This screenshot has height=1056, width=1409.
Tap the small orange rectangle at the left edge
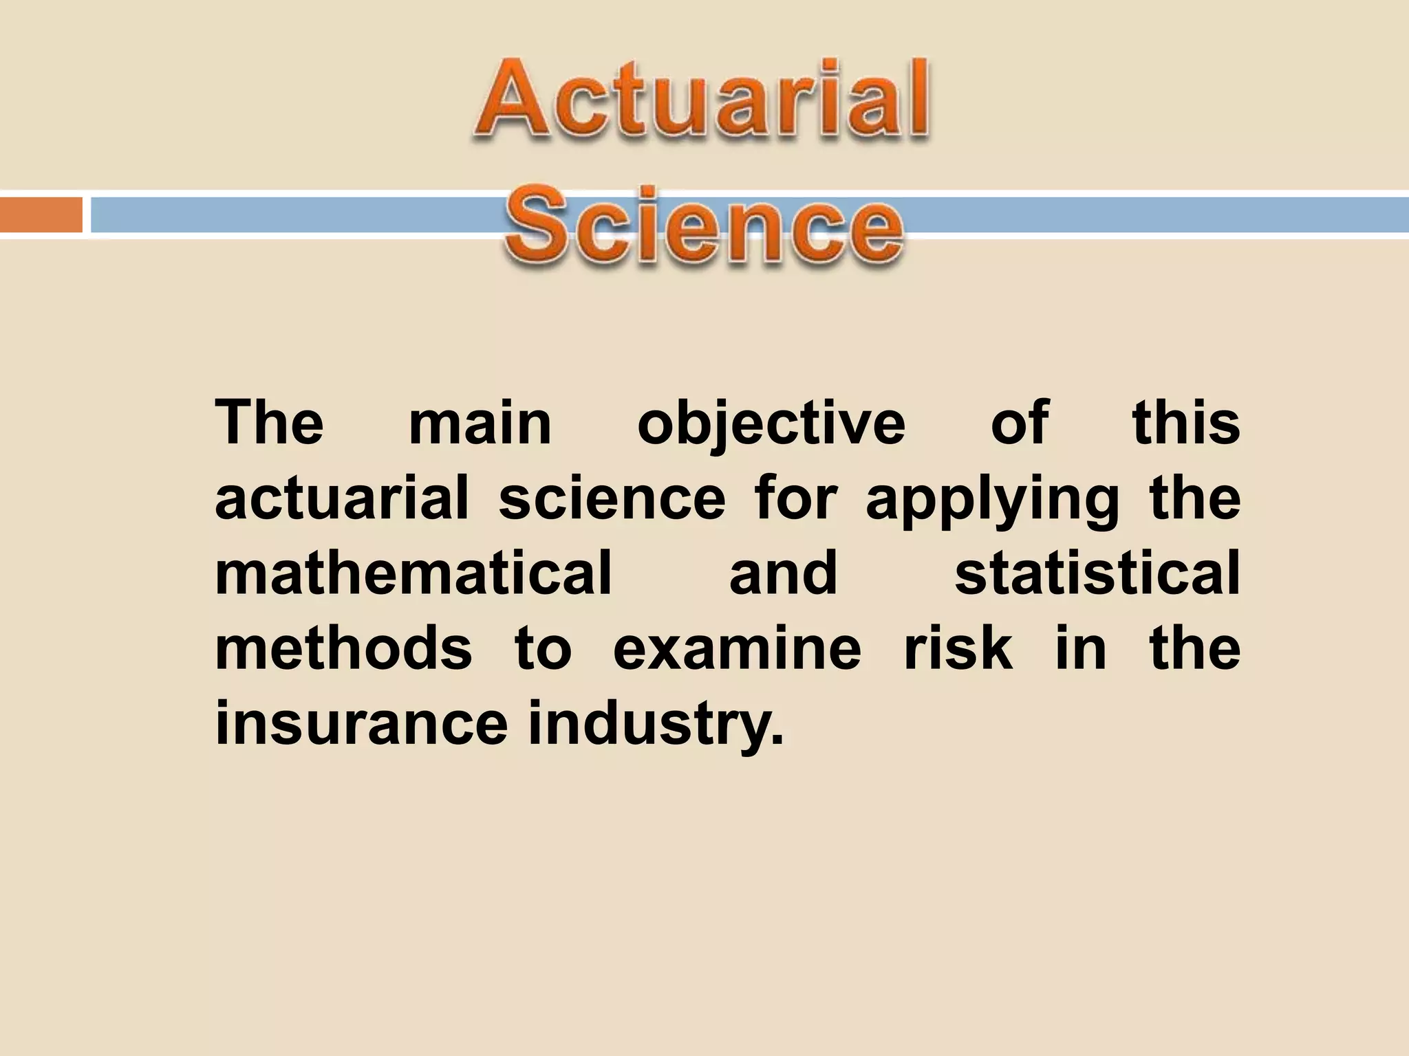tap(41, 214)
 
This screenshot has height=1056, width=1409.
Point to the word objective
tap(771, 425)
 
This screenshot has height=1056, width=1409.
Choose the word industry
tap(655, 725)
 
